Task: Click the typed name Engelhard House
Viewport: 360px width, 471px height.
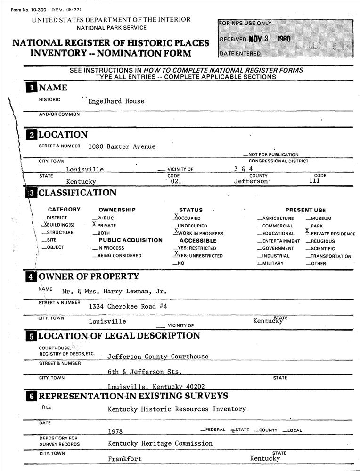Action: pyautogui.click(x=116, y=101)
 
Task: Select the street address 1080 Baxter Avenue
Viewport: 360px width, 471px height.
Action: pyautogui.click(x=122, y=146)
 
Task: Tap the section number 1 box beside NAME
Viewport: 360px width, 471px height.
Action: pyautogui.click(x=31, y=88)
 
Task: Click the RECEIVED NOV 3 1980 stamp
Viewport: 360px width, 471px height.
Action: pyautogui.click(x=255, y=39)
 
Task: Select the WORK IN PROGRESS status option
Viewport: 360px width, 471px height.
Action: pyautogui.click(x=198, y=233)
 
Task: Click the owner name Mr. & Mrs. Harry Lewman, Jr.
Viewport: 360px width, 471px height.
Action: pyautogui.click(x=113, y=292)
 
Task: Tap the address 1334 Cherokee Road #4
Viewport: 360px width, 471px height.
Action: pyautogui.click(x=128, y=307)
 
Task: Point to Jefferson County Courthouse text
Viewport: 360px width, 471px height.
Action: pyautogui.click(x=157, y=357)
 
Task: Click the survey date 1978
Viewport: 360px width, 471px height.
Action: pyautogui.click(x=115, y=431)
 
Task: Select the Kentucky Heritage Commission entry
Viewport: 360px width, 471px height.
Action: pyautogui.click(x=160, y=443)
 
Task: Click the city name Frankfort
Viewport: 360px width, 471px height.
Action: pyautogui.click(x=124, y=459)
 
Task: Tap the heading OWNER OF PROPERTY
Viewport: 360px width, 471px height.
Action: pyautogui.click(x=89, y=276)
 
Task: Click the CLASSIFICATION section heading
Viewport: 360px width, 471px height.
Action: pyautogui.click(x=77, y=193)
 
